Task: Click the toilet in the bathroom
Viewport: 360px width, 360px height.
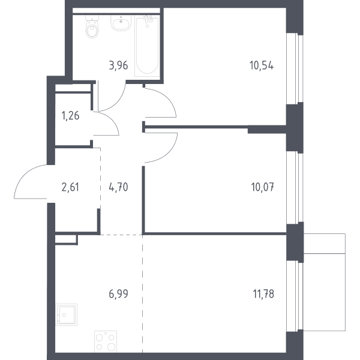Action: [x=92, y=26]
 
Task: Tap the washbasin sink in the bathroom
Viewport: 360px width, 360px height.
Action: [x=121, y=23]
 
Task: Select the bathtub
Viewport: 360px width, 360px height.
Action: [x=147, y=46]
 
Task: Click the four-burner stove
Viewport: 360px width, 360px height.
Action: [x=106, y=341]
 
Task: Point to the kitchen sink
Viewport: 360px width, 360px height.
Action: [x=67, y=315]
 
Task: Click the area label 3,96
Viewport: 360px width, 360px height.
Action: [x=118, y=65]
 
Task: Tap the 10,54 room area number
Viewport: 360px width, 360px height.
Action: [x=262, y=65]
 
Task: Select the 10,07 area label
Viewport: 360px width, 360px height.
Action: [x=263, y=187]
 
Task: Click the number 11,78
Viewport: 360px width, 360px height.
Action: [x=263, y=294]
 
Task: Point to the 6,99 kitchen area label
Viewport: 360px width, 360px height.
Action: [x=118, y=294]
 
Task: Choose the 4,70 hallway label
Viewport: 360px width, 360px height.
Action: [x=118, y=187]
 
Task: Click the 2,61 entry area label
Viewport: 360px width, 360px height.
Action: [x=70, y=187]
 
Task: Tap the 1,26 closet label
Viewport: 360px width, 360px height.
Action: [x=70, y=116]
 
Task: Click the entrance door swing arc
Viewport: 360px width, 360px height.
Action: [x=23, y=175]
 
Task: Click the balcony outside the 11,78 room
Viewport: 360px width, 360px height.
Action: [x=325, y=282]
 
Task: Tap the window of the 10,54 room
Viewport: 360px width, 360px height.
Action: [x=295, y=68]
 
